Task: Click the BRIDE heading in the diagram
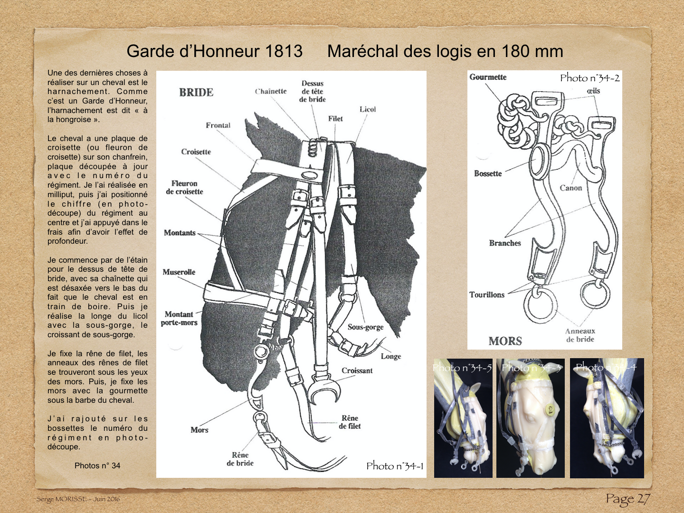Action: coord(196,92)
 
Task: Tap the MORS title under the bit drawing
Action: coord(505,341)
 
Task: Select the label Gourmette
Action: coord(488,77)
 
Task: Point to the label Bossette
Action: coord(487,173)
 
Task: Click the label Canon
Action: coord(570,188)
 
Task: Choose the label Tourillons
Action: coord(486,294)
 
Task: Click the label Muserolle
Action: coord(179,272)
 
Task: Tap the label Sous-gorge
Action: coord(365,327)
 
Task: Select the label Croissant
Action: coord(357,370)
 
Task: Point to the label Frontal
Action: coord(218,125)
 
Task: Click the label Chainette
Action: coord(271,91)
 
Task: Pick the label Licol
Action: coord(368,109)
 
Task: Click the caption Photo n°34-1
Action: coord(394,466)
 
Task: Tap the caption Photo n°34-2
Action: coord(589,78)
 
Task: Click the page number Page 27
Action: coord(627,499)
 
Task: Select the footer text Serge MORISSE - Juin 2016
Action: coord(78,499)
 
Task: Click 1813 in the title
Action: coord(284,51)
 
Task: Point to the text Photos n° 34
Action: coord(97,465)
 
